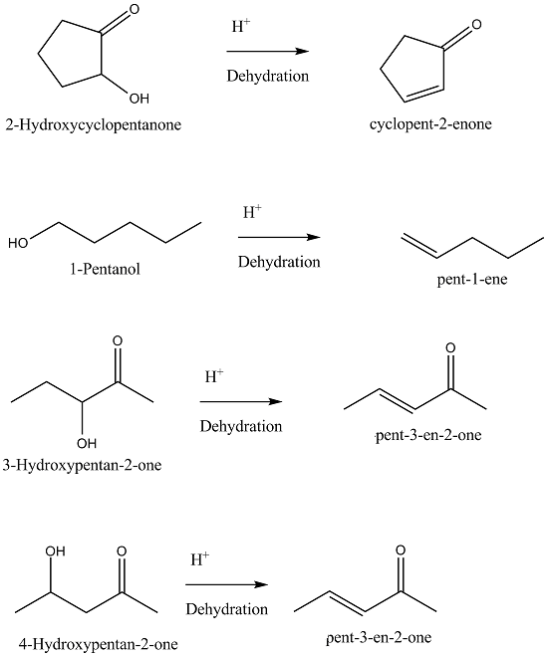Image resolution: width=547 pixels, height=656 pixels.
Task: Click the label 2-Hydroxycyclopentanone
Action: pyautogui.click(x=94, y=124)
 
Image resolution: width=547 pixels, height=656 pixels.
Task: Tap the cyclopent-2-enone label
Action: pyautogui.click(x=430, y=124)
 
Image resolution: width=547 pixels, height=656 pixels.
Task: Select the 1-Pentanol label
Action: pyautogui.click(x=105, y=269)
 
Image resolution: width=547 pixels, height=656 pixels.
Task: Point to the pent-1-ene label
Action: pyautogui.click(x=472, y=279)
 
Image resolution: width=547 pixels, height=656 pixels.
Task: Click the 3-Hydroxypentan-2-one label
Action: pyautogui.click(x=82, y=465)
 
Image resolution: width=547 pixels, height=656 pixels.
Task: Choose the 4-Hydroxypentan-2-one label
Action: pyautogui.click(x=98, y=644)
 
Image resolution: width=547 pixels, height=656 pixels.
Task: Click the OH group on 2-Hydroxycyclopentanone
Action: pyautogui.click(x=139, y=99)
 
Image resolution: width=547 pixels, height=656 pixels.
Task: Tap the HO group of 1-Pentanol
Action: pyautogui.click(x=18, y=243)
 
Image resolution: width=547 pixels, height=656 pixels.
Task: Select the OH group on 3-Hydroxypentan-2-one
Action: pyautogui.click(x=87, y=443)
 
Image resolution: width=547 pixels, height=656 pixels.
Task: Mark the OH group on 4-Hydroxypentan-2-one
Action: pyautogui.click(x=55, y=551)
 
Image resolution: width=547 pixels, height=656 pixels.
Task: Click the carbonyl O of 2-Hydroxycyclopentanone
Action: pyautogui.click(x=134, y=9)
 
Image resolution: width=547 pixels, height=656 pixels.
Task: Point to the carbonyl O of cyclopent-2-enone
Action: pyautogui.click(x=476, y=25)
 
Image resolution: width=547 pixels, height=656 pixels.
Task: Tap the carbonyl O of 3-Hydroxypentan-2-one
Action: pyautogui.click(x=118, y=341)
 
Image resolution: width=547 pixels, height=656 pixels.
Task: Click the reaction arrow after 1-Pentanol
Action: pyautogui.click(x=279, y=237)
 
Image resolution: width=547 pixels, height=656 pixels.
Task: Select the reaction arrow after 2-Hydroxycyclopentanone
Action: pyautogui.click(x=268, y=52)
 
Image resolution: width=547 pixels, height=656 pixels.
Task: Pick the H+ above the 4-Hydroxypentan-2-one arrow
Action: pyautogui.click(x=200, y=559)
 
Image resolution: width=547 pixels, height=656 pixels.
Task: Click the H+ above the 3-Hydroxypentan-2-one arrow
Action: pyautogui.click(x=214, y=376)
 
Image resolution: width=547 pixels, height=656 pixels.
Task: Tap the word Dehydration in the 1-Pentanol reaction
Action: pyautogui.click(x=279, y=262)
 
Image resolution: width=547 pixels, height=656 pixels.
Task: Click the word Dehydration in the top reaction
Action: pyautogui.click(x=268, y=76)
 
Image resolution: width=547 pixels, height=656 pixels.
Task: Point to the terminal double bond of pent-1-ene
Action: pyautogui.click(x=419, y=246)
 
